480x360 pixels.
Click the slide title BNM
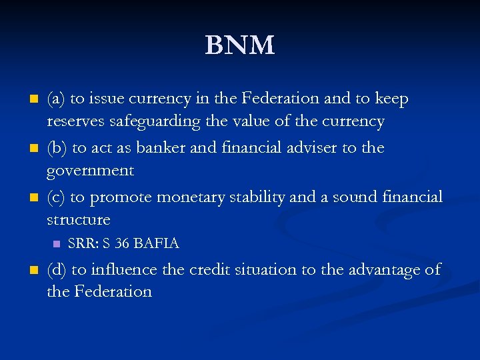(x=239, y=45)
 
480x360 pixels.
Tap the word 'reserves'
(x=75, y=122)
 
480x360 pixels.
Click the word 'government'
(x=90, y=171)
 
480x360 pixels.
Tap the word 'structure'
(x=78, y=219)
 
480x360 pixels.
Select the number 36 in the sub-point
(x=122, y=243)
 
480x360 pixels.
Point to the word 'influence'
(x=121, y=269)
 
